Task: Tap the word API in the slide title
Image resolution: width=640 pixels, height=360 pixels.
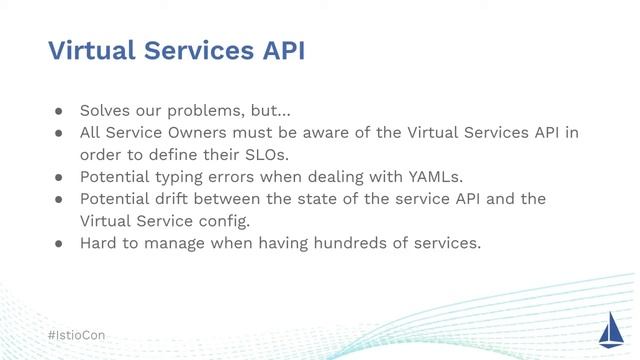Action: pos(280,51)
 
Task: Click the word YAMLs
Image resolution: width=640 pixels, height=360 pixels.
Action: pos(436,177)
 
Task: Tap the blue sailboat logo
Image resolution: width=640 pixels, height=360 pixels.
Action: pos(610,328)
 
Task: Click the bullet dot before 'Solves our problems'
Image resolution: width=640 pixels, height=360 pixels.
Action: pos(59,111)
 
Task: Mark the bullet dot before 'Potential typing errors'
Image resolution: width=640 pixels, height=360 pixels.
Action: pos(59,177)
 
